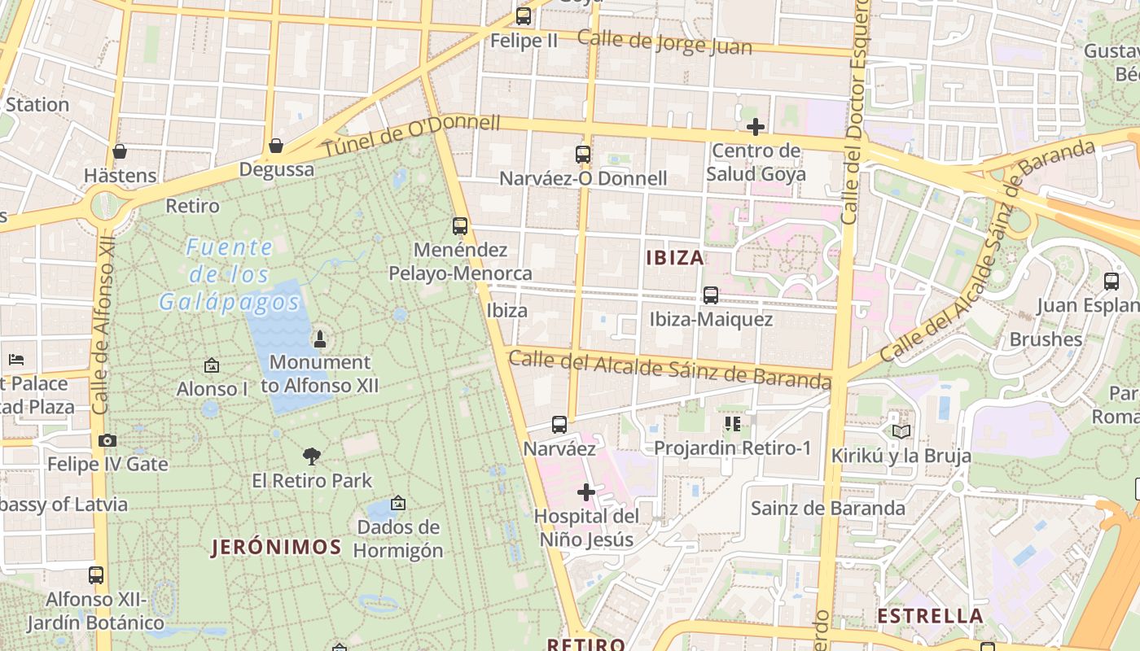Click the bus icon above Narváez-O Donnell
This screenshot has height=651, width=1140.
[x=582, y=154]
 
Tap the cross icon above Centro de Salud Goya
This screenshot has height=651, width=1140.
[x=755, y=127]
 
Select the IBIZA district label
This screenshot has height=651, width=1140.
[x=674, y=258]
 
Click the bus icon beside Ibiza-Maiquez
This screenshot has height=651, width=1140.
[x=711, y=295]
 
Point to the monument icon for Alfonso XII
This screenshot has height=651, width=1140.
[x=320, y=339]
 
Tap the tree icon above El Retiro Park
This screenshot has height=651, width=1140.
[x=311, y=456]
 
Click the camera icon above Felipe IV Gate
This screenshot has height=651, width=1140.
[x=107, y=440]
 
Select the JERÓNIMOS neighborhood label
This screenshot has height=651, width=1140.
[x=276, y=547]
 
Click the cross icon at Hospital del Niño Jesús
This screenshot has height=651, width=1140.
[x=586, y=492]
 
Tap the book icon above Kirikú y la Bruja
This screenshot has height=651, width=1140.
[x=901, y=430]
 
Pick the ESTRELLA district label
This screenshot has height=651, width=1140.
[x=930, y=615]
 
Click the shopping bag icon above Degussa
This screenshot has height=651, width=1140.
[x=276, y=146]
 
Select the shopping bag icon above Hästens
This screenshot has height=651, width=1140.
[x=120, y=151]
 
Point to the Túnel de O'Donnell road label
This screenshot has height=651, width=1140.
[x=411, y=136]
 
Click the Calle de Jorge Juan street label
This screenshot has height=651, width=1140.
[x=664, y=42]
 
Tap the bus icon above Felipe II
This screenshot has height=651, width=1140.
[x=524, y=15]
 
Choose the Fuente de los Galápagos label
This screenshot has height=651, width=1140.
[x=230, y=274]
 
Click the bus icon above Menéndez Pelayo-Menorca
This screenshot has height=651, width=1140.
[x=460, y=225]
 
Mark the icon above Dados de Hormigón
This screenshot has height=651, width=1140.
[x=397, y=504]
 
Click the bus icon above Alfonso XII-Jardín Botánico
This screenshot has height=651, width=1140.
[x=96, y=575]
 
